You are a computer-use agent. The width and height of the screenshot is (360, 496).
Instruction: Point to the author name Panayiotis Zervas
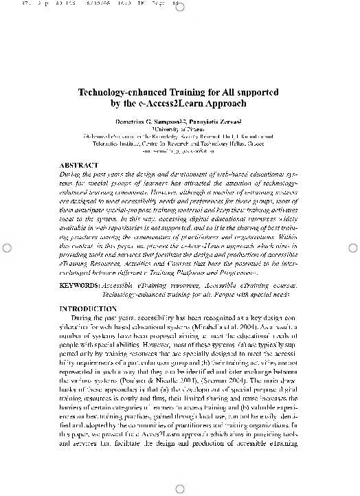pyautogui.click(x=208, y=120)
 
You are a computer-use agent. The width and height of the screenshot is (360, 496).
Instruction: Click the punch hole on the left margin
pyautogui.click(x=6, y=248)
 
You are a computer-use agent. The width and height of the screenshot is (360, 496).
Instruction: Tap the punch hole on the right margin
pyautogui.click(x=352, y=248)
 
